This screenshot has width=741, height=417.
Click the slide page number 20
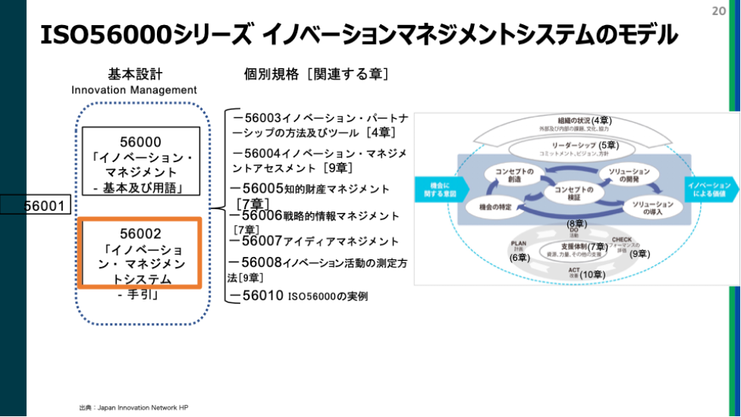pos(719,11)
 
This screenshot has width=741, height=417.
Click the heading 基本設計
pos(135,74)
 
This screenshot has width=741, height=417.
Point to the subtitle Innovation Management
pos(134,90)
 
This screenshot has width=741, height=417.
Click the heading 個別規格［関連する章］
pos(316,74)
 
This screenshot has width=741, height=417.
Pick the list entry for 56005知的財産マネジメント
pos(311,188)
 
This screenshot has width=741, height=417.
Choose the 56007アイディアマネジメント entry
pos(315,241)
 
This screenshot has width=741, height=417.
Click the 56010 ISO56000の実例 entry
pos(300,296)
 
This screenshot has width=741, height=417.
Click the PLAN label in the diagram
pos(519,244)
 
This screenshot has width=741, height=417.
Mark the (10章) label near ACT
pos(591,274)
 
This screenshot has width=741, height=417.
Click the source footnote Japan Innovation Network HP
pos(133,407)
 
